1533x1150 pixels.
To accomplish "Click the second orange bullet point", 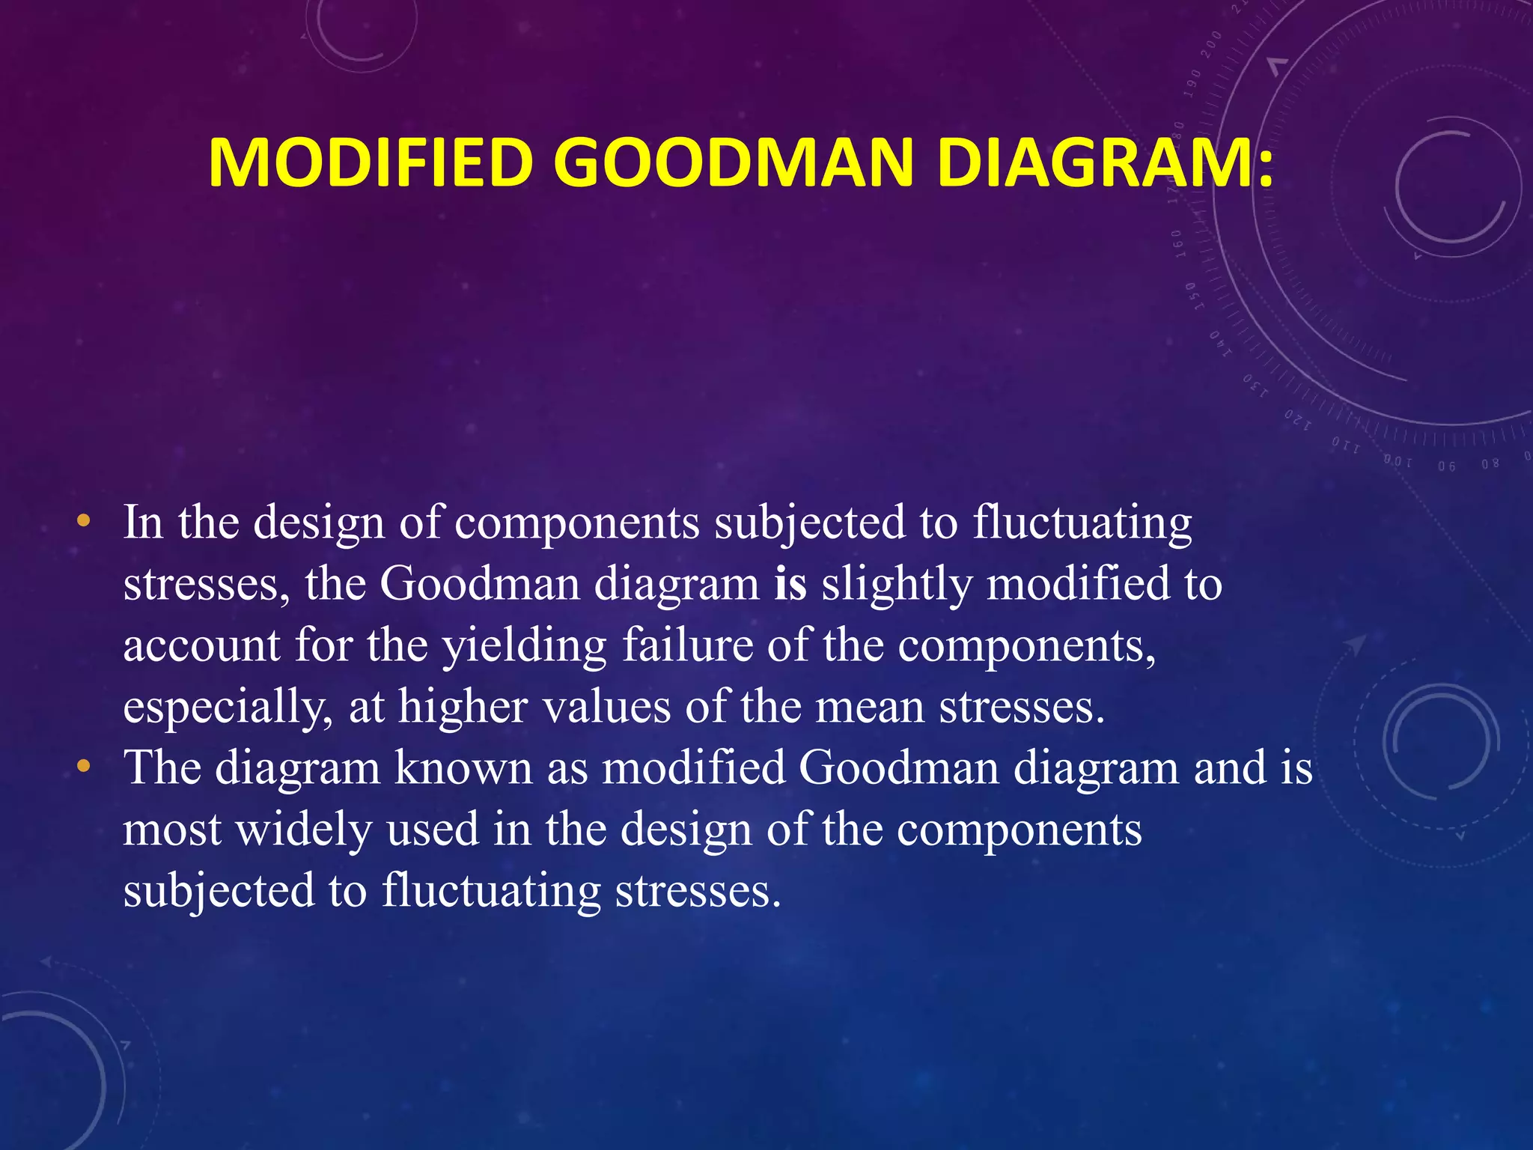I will pyautogui.click(x=84, y=766).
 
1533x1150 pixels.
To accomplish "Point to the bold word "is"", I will pyautogui.click(x=790, y=583).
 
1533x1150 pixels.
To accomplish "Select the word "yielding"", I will pyautogui.click(x=524, y=646).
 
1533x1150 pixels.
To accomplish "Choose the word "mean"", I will pyautogui.click(x=869, y=708).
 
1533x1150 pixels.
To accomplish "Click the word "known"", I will pyautogui.click(x=463, y=767).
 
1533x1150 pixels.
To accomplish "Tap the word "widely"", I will pyautogui.click(x=303, y=830).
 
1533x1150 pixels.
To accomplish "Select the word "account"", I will pyautogui.click(x=201, y=646).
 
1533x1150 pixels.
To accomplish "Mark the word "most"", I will pyautogui.click(x=172, y=830).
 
